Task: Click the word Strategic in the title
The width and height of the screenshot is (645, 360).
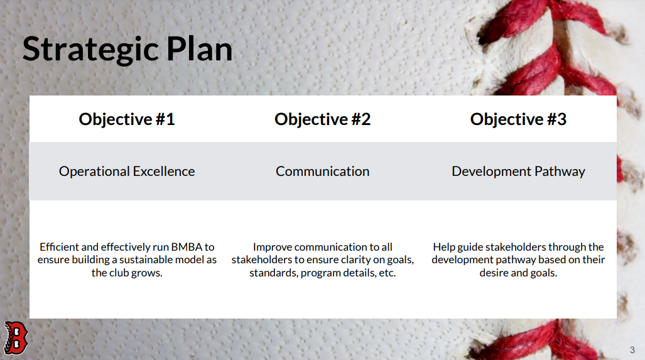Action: (91, 50)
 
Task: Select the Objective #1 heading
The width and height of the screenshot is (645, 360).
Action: (127, 119)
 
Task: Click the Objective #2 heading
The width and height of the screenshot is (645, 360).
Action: (323, 119)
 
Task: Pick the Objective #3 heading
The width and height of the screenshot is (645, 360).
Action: (518, 119)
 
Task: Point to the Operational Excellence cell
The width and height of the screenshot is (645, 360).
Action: (127, 171)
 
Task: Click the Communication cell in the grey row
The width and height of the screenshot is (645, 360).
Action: (323, 171)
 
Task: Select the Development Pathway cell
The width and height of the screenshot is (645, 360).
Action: (518, 171)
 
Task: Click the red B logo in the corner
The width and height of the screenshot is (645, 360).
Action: (16, 338)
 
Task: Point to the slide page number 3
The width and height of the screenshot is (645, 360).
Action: (632, 350)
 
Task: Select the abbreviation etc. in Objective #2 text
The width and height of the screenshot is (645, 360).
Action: (387, 273)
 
